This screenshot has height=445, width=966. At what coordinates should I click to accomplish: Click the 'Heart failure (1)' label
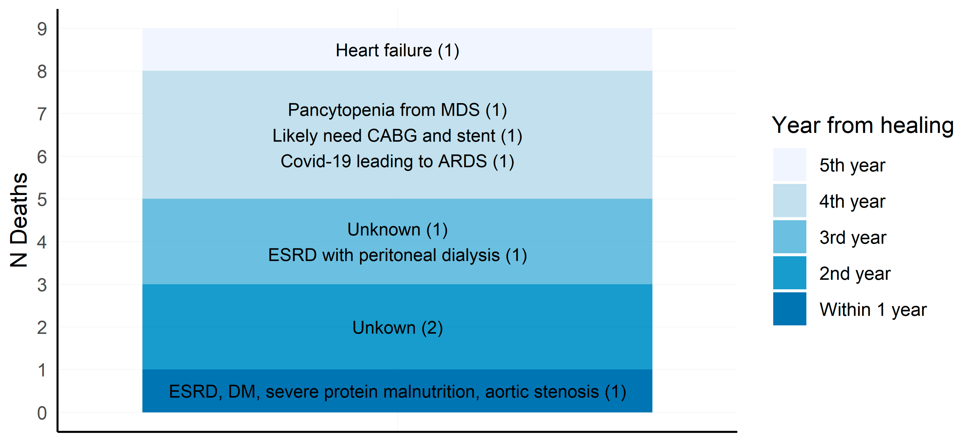point(397,51)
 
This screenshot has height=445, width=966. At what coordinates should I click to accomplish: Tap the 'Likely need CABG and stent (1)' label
point(397,136)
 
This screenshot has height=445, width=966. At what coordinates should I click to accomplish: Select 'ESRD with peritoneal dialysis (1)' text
point(397,255)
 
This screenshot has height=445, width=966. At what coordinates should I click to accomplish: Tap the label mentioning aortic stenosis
point(397,392)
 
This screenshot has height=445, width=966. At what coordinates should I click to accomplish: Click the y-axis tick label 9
point(42,29)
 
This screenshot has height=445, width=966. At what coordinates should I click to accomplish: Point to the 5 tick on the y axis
point(42,199)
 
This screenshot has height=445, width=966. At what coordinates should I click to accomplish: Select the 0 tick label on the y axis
point(42,413)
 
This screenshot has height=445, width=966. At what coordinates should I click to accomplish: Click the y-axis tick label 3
point(42,285)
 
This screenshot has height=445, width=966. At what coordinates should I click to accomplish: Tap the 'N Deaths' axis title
point(19,220)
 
